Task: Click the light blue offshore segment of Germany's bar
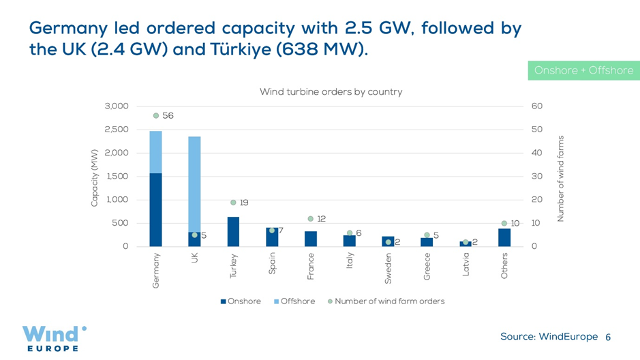[156, 152]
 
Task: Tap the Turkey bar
[233, 232]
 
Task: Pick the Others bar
[504, 237]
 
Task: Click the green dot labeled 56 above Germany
[156, 116]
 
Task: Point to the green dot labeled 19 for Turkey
[233, 202]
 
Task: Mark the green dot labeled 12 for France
[311, 219]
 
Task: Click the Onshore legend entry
[241, 301]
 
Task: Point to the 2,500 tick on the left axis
[117, 130]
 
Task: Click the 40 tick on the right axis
[536, 153]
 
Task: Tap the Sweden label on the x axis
[388, 268]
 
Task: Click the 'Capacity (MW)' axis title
[95, 177]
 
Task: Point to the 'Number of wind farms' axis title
[561, 178]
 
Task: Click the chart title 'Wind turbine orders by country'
[331, 92]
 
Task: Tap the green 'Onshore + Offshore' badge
[583, 70]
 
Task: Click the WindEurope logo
[54, 338]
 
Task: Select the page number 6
[608, 337]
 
